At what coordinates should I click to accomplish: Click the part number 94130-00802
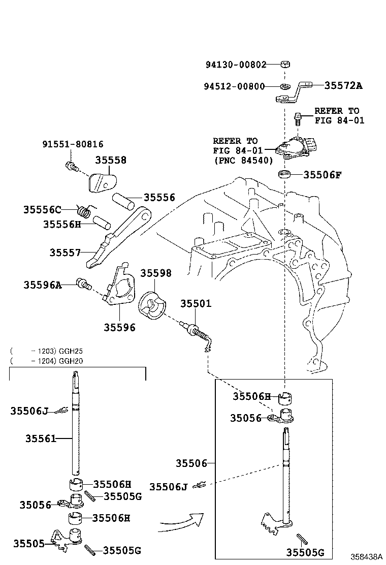coord(236,65)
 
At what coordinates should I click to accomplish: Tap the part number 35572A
coord(343,85)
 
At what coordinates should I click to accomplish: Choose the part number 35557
coord(65,252)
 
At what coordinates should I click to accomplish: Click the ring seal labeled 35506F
coord(285,175)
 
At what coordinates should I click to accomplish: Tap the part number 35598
coord(156,273)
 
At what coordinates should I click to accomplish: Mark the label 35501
coord(196,303)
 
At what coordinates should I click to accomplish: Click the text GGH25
coord(72,351)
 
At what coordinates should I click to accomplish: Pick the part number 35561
coord(41,438)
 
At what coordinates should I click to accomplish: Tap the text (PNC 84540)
coord(243,160)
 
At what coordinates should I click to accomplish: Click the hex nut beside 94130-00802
coord(285,65)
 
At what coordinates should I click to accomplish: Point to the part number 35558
coord(110,160)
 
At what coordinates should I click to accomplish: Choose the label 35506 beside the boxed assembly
coord(191,463)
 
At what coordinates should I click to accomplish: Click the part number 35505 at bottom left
coord(28,543)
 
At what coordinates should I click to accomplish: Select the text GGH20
coord(72,361)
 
